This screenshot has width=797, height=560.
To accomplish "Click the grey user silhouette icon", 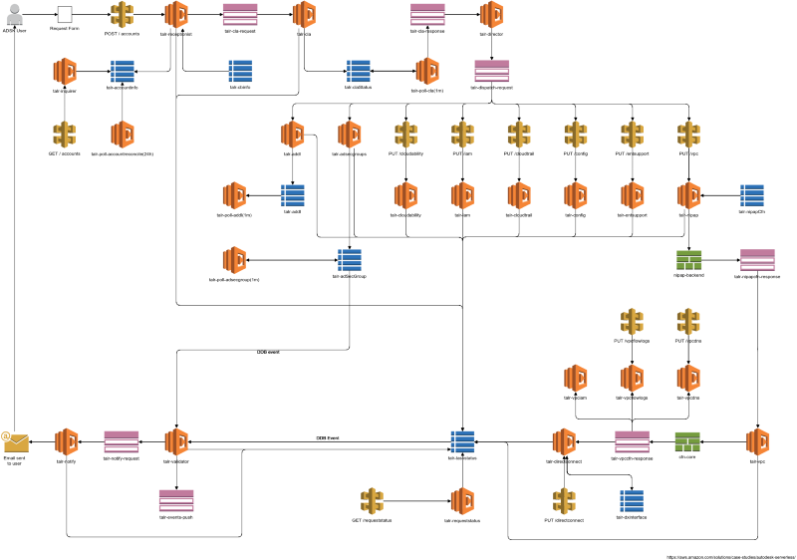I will tap(14, 14).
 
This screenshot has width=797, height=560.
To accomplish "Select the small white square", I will tap(65, 14).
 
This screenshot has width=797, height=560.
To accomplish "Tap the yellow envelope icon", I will tap(15, 441).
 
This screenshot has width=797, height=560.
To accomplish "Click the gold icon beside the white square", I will tap(122, 14).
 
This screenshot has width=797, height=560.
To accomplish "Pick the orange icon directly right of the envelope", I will tap(66, 441).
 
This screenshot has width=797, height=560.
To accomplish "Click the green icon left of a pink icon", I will tap(689, 260).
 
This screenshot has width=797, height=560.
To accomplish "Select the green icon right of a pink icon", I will tap(687, 441).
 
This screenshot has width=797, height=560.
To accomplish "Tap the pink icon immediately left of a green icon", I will tap(632, 441).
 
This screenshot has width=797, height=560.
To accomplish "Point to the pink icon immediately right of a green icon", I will tap(757, 260).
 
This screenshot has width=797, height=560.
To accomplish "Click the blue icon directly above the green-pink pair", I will tap(752, 195).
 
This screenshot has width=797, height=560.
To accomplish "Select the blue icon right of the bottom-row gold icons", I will tap(632, 500).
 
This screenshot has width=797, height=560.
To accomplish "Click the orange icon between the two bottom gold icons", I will tap(461, 500).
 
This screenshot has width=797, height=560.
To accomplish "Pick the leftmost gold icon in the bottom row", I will tap(372, 500).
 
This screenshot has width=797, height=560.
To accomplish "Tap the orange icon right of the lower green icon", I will tap(757, 441).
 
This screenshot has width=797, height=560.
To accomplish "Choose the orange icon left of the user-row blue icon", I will tap(65, 71).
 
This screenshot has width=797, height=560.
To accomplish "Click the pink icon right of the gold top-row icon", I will tap(240, 14).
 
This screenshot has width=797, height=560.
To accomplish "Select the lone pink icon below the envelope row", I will tap(176, 500).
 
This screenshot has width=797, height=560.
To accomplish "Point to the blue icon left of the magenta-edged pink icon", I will tap(462, 441).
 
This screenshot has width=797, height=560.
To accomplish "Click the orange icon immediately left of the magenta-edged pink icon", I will tap(563, 441).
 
